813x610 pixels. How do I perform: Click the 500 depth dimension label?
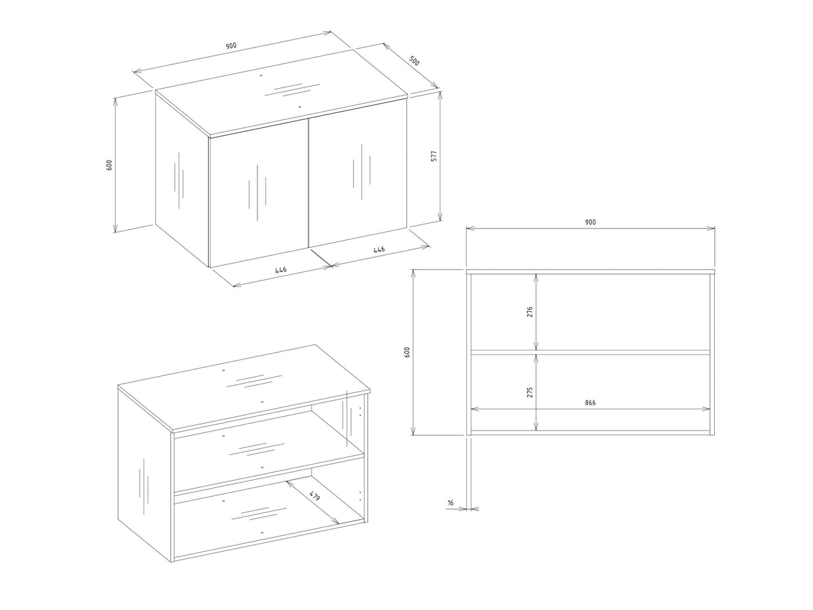(x=414, y=61)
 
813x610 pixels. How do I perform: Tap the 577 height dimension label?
(x=434, y=156)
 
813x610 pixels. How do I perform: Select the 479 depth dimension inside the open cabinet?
(x=314, y=496)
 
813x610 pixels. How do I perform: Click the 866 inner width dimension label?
(x=590, y=403)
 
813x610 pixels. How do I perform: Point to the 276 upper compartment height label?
(x=530, y=312)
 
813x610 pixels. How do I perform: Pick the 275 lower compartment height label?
(x=530, y=392)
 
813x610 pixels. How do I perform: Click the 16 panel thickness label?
(x=451, y=503)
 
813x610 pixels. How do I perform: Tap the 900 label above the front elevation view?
(x=590, y=222)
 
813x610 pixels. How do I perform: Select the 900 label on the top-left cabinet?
(x=231, y=46)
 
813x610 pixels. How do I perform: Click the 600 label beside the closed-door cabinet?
(x=109, y=165)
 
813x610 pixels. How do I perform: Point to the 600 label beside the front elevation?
(x=407, y=352)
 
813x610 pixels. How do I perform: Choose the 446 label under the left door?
(x=281, y=270)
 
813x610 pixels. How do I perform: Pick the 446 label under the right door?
(x=379, y=249)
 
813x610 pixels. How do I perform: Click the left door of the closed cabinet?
(x=259, y=192)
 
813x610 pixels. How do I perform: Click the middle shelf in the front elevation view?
(x=590, y=352)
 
